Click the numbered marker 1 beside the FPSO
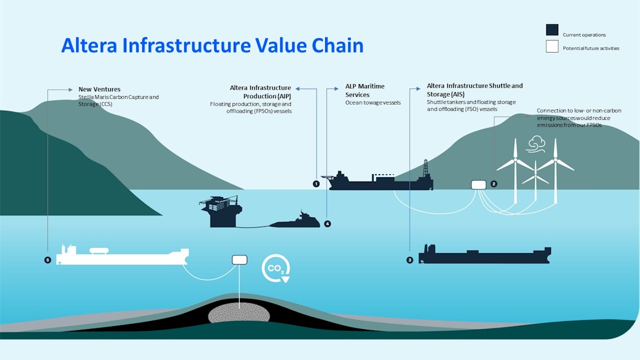[x=316, y=184]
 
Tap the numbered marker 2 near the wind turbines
[x=494, y=184]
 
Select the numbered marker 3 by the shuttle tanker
[x=410, y=260]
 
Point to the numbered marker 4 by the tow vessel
[x=327, y=223]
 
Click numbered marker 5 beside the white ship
[x=47, y=260]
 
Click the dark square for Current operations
[x=552, y=30]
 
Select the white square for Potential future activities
[x=552, y=47]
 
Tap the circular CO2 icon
[x=276, y=268]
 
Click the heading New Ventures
[x=99, y=90]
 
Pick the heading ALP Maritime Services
[x=365, y=90]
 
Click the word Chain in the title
[x=338, y=45]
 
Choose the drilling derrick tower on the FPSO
[x=425, y=170]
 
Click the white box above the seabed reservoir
[x=239, y=260]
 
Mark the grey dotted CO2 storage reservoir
[x=239, y=314]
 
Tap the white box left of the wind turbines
[x=478, y=185]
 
